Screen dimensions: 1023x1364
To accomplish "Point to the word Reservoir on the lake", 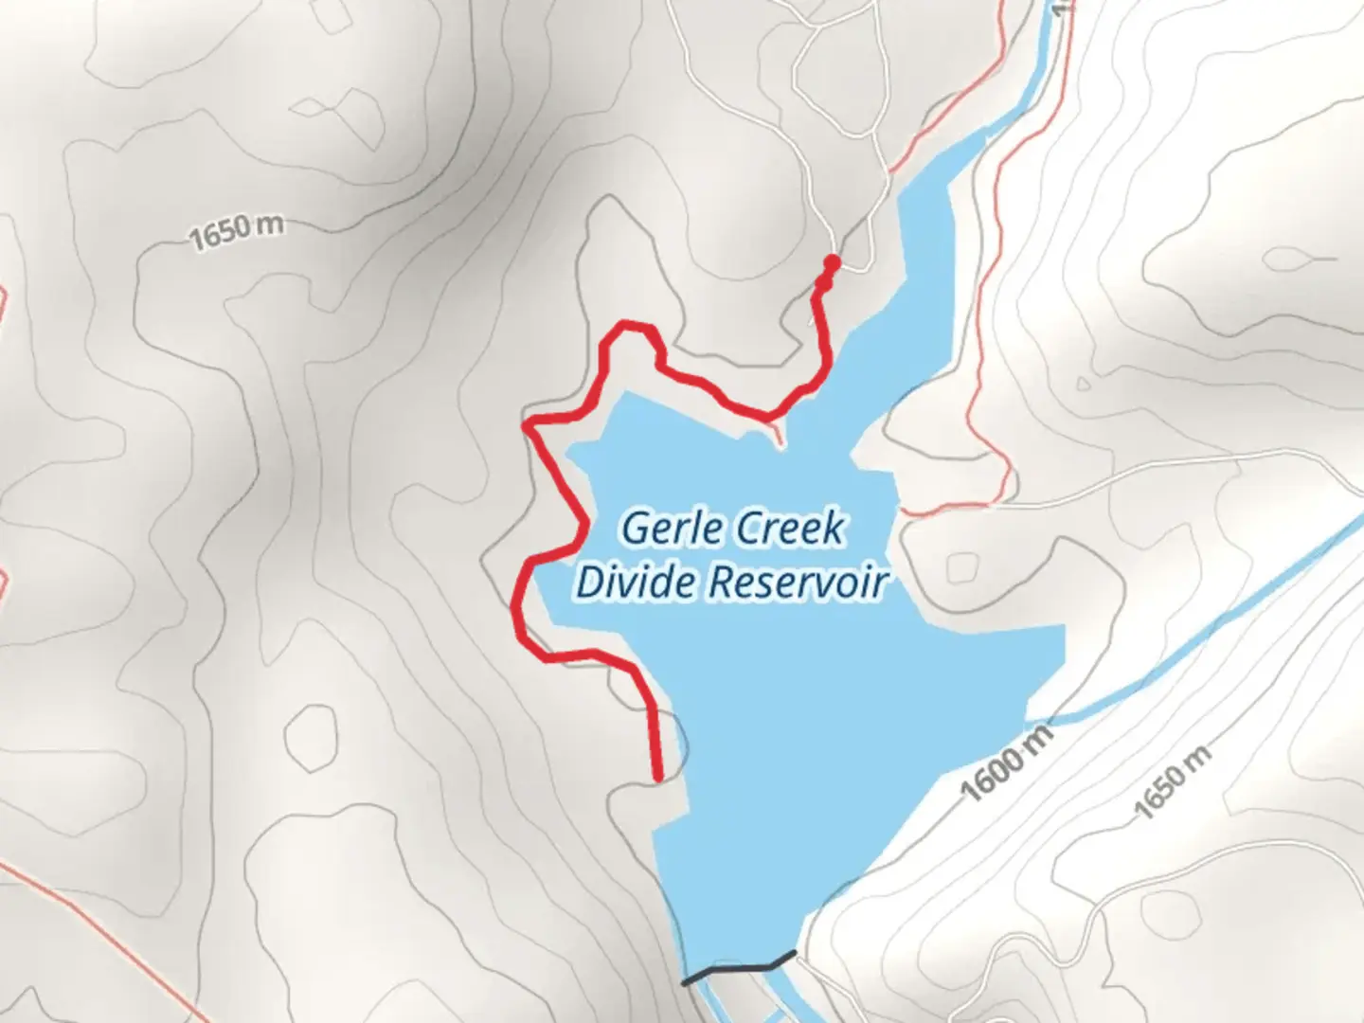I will pyautogui.click(x=798, y=582).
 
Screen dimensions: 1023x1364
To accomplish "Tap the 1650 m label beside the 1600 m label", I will pyautogui.click(x=1172, y=782).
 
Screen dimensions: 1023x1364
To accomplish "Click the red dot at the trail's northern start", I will pyautogui.click(x=832, y=261).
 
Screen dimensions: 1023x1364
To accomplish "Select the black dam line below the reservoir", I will pyautogui.click(x=739, y=969).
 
